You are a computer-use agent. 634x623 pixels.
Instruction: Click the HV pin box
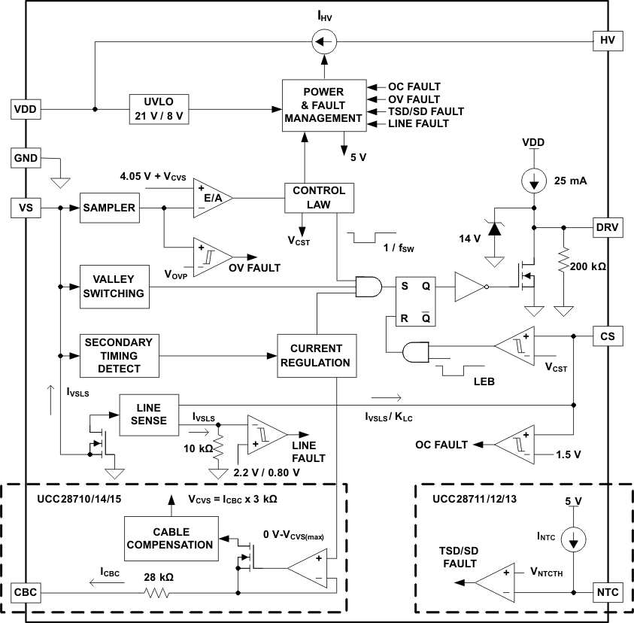[608, 41]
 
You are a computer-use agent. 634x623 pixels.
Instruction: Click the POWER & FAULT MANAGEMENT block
[324, 105]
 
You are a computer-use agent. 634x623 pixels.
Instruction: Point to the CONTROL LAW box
[319, 197]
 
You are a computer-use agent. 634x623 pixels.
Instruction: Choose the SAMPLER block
[110, 208]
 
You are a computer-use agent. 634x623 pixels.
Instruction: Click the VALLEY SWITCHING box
[114, 286]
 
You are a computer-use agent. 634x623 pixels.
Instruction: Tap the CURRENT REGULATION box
[315, 355]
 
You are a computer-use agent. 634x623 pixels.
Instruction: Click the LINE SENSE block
[149, 415]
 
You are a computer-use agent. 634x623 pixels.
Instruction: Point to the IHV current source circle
[323, 41]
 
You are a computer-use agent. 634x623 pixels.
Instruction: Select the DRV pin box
[608, 226]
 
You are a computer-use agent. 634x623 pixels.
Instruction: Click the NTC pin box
[608, 592]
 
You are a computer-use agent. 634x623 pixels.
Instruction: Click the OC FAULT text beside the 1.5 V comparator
[442, 445]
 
